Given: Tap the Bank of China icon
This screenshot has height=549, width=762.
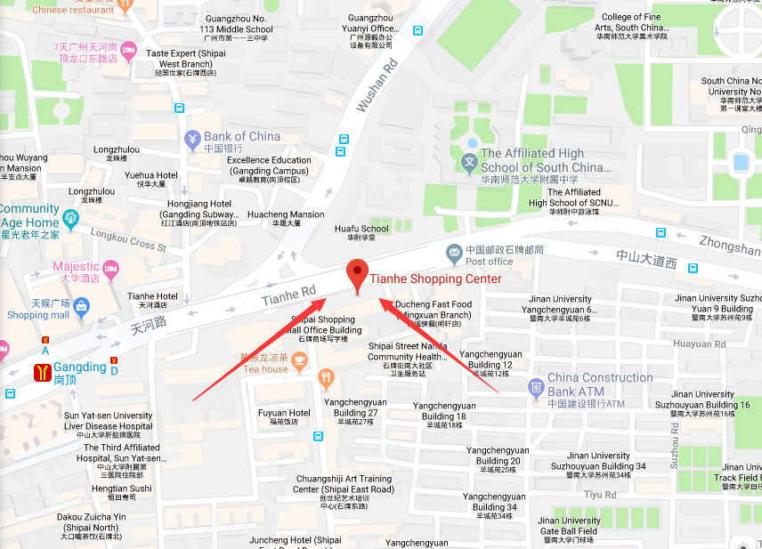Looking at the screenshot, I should point(192,139).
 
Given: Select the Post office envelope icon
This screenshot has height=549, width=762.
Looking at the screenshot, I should point(454,253).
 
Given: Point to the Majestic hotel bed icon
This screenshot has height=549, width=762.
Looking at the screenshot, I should point(111,268).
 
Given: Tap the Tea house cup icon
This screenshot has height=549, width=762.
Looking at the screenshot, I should point(299,360).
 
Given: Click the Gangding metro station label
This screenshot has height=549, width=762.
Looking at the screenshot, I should point(79,368).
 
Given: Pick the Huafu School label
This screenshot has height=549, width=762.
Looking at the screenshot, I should point(361,229).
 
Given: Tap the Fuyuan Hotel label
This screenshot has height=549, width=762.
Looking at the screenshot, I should point(284,413).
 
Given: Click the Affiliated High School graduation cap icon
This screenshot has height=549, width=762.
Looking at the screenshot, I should point(469,162).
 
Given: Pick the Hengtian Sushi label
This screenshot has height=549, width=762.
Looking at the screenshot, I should point(122,488).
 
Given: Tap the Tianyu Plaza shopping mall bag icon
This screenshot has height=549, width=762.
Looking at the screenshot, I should point(82,308).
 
